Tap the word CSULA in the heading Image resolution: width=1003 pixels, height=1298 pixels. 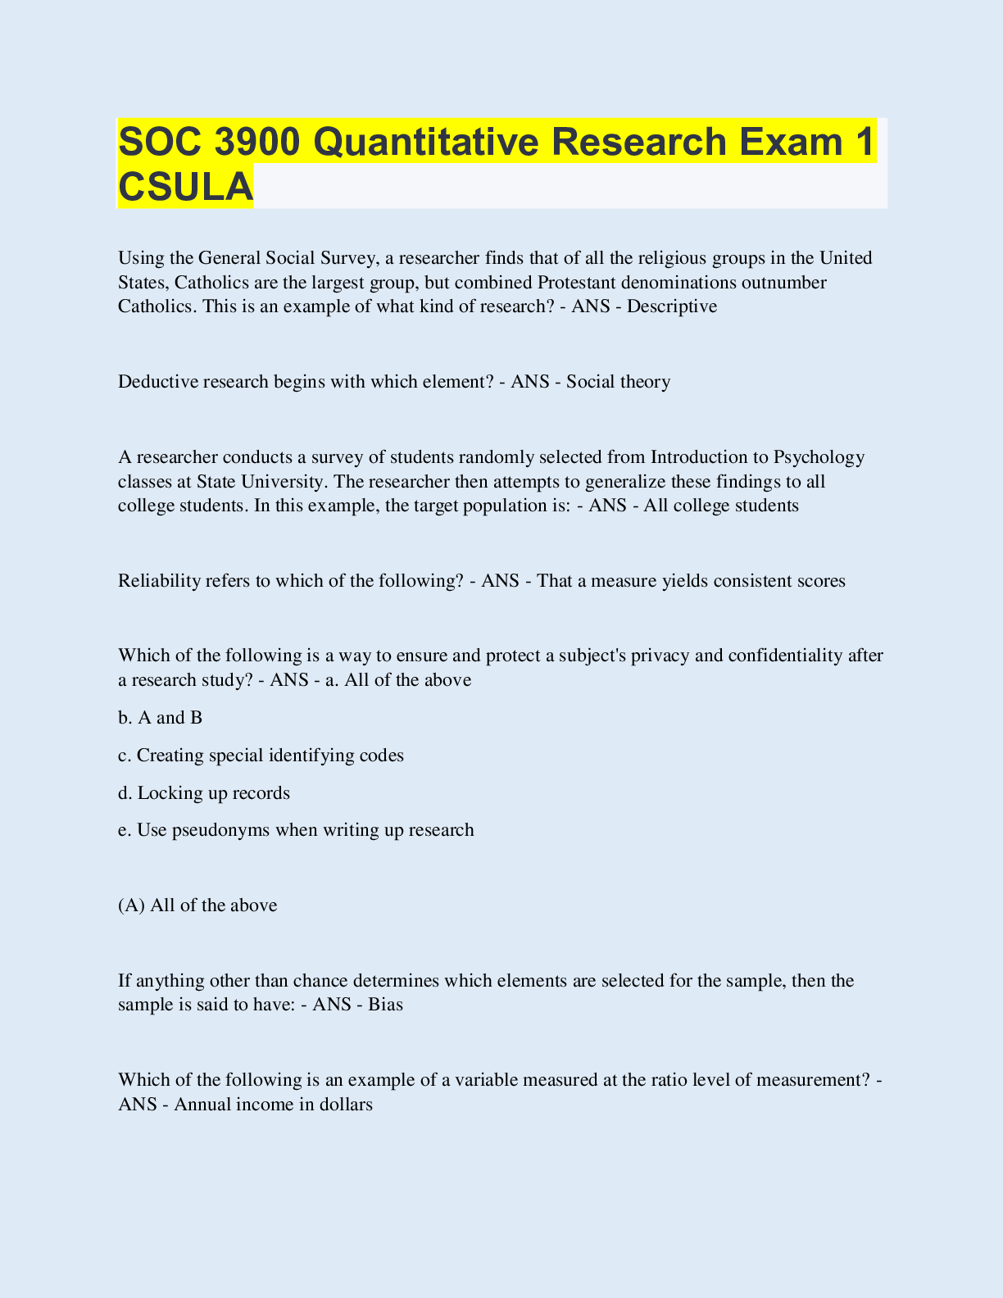185,186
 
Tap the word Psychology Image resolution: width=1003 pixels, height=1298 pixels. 819,456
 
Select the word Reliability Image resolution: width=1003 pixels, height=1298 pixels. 159,581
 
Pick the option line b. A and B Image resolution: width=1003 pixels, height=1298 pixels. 161,718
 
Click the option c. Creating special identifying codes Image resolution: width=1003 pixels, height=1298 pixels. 261,756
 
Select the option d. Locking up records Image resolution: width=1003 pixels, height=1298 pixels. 204,793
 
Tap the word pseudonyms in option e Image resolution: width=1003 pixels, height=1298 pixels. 221,830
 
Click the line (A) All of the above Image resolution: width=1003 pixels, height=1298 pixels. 197,905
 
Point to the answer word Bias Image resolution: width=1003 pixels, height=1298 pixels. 385,1005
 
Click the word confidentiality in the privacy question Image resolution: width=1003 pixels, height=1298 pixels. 787,656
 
